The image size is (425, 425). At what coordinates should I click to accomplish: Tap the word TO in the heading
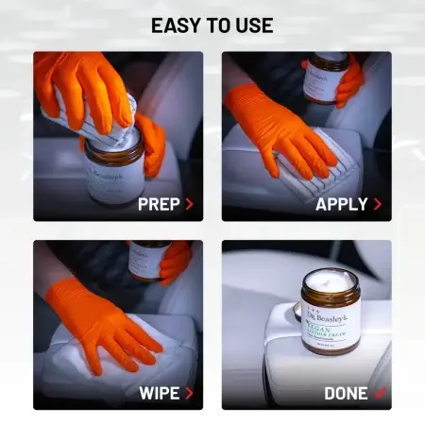click(x=222, y=25)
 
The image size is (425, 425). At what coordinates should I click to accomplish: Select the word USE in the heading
click(x=254, y=25)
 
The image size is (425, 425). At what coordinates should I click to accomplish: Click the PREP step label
click(x=159, y=204)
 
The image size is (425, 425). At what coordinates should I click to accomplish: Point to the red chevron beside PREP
click(x=189, y=204)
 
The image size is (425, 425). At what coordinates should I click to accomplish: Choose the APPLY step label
click(x=341, y=204)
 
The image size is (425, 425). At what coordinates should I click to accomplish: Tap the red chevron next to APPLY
click(x=378, y=204)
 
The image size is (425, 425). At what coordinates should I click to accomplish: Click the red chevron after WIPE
click(x=189, y=392)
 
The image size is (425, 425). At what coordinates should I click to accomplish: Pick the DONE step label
click(x=346, y=392)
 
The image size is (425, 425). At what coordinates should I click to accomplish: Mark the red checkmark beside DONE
click(x=380, y=392)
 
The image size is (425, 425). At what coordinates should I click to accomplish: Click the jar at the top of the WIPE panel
click(x=149, y=257)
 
